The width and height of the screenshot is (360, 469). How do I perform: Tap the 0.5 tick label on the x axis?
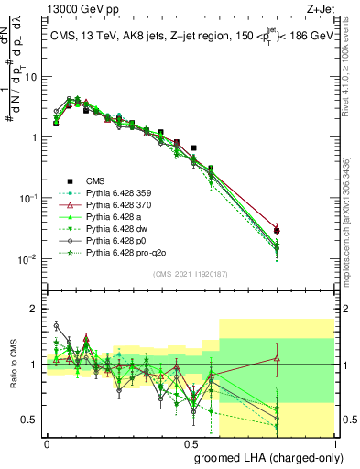tap(191, 442)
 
